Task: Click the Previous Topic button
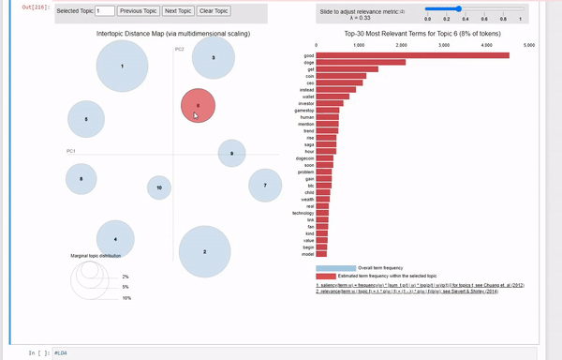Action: pos(137,11)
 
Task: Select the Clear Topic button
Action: pos(213,11)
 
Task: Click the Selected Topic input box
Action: pos(104,11)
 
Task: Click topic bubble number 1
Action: pos(122,67)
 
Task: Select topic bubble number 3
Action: pos(213,58)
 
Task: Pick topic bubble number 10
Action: pos(159,187)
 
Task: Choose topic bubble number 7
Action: pos(265,186)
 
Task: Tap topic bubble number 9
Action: pos(231,153)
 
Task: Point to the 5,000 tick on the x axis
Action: pos(529,44)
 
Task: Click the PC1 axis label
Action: pos(71,150)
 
